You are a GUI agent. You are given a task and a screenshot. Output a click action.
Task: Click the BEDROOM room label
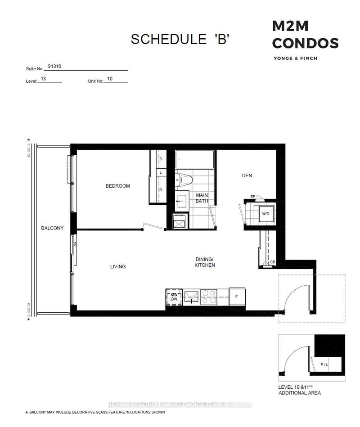[117, 186]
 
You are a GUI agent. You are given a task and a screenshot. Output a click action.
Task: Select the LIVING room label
[118, 266]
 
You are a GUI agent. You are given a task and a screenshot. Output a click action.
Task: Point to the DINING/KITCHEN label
[205, 262]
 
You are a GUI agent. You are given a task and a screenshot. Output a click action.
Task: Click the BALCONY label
[52, 228]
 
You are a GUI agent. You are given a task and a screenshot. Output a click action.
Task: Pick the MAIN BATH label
[202, 198]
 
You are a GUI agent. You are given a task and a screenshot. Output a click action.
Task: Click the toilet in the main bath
[184, 180]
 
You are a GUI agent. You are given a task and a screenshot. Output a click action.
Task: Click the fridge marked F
[237, 297]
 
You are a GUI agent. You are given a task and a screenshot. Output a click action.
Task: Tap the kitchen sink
[192, 297]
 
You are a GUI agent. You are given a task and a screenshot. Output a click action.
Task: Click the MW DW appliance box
[174, 297]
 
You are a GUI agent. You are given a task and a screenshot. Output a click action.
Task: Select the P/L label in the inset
[324, 365]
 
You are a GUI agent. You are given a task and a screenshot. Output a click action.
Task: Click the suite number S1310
[54, 67]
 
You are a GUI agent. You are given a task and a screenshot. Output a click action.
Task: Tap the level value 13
[43, 78]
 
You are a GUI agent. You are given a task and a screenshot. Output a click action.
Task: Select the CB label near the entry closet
[272, 262]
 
